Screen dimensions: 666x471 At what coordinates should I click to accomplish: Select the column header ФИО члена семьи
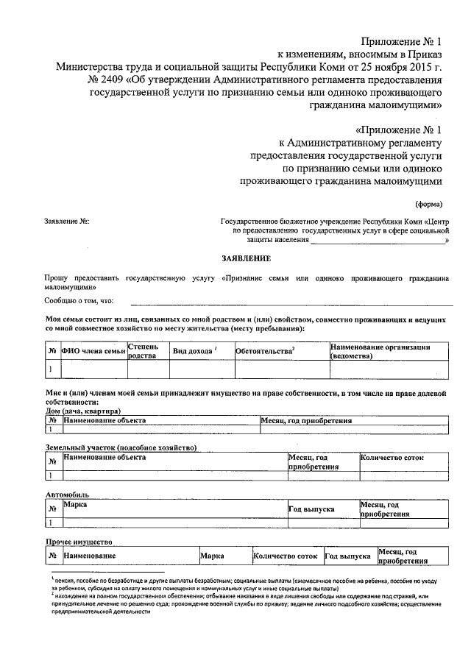click(93, 352)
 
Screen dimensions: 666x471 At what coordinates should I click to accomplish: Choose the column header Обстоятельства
click(264, 351)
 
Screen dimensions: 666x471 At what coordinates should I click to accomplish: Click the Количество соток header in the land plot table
click(392, 458)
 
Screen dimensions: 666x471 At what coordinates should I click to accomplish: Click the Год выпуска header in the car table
click(311, 509)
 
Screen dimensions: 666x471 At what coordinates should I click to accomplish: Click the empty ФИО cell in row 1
click(93, 369)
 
